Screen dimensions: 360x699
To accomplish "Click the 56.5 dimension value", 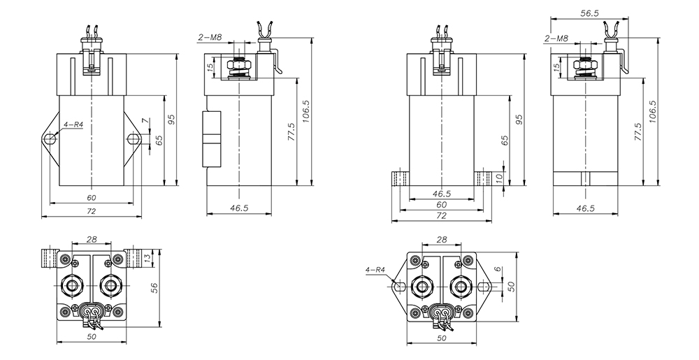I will coord(591,12).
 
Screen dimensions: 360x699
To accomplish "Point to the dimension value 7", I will coord(145,122).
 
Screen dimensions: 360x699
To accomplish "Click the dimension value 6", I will coord(498,269).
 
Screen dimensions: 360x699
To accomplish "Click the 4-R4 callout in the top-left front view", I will coord(73,125).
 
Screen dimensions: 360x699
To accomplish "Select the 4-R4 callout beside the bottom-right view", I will coord(376,269).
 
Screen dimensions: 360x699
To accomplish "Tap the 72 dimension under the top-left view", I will coord(91,210).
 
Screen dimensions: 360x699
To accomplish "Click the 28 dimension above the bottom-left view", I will coord(92,239).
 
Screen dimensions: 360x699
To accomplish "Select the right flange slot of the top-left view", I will coord(133,140).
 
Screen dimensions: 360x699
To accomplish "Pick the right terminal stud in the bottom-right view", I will coord(461,286).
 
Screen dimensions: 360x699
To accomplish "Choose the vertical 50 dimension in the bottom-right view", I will coord(510,286).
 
